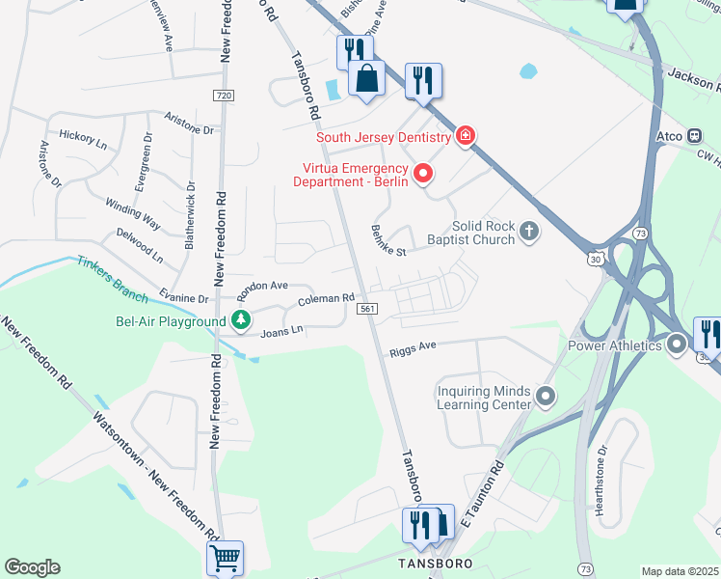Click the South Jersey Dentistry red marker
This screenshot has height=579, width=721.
(x=467, y=135)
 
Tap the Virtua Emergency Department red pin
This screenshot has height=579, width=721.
(x=422, y=174)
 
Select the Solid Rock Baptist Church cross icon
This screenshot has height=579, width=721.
(x=527, y=231)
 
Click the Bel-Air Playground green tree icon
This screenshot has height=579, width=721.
(x=241, y=320)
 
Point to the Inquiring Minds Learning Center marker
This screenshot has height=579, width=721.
(x=546, y=396)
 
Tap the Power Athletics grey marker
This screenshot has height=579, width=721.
(x=677, y=344)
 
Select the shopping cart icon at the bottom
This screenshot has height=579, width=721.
(x=224, y=557)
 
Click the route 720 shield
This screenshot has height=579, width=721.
(x=224, y=96)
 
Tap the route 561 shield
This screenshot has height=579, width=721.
(x=366, y=309)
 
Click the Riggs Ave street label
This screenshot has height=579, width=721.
(x=414, y=349)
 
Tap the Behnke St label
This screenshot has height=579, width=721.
(x=389, y=241)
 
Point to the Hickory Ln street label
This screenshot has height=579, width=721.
(x=83, y=138)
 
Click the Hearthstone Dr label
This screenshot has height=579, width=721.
(x=601, y=480)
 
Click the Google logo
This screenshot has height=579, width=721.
(x=32, y=567)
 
